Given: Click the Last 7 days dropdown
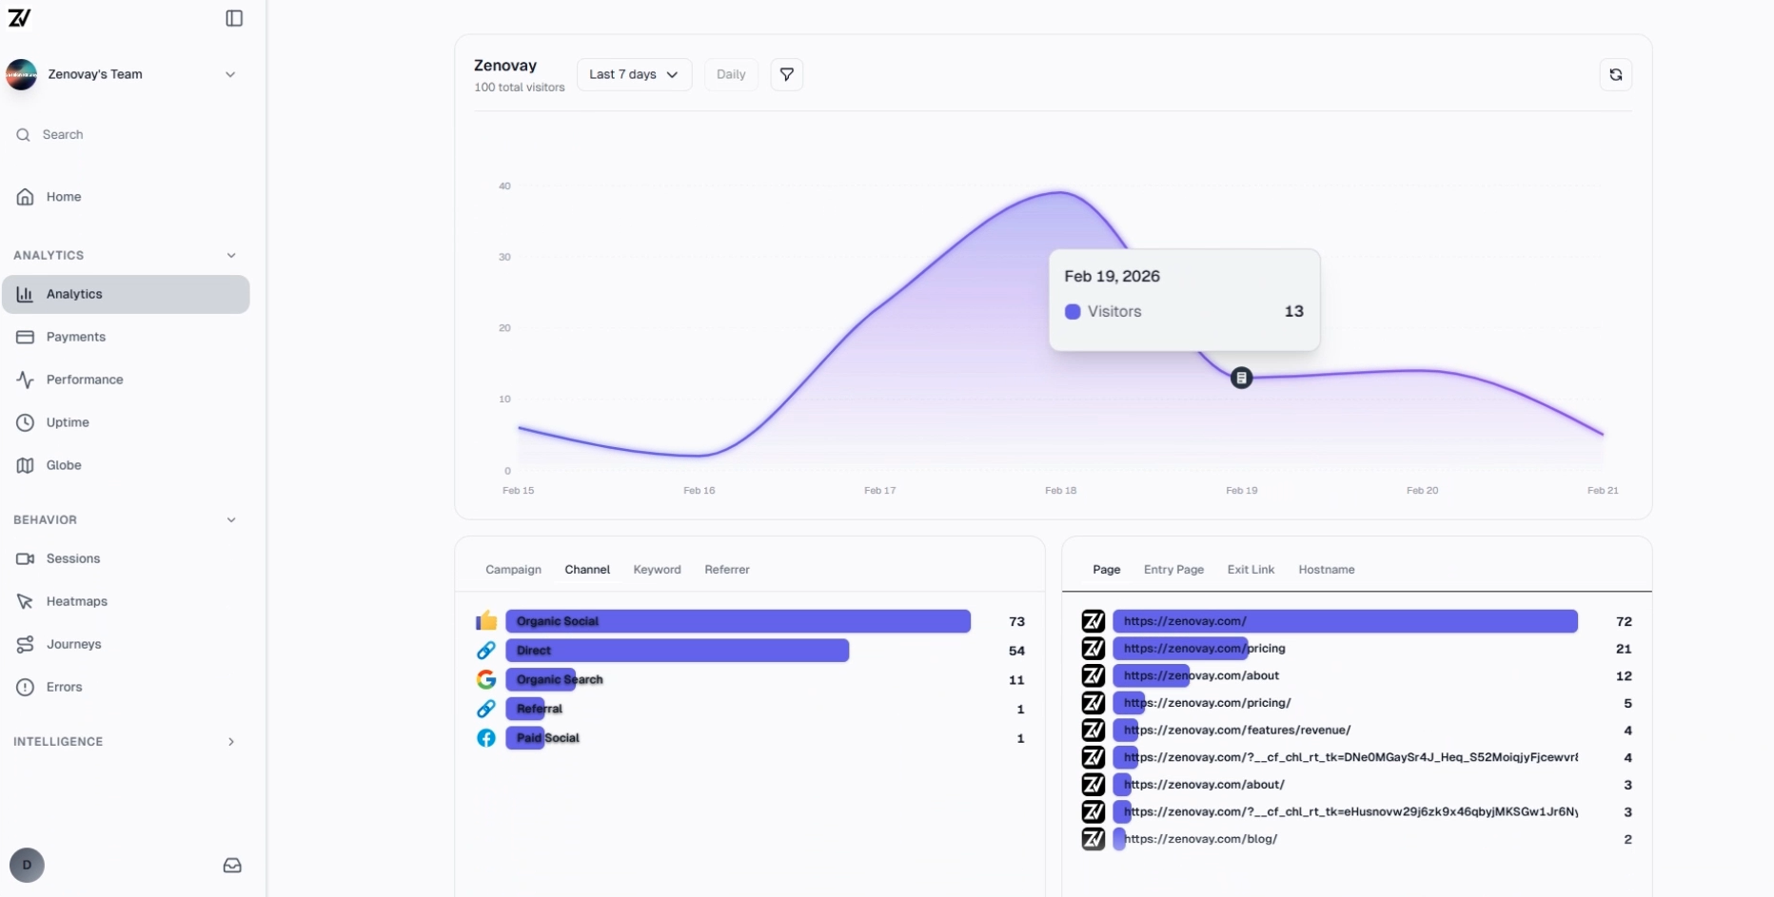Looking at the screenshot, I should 634,74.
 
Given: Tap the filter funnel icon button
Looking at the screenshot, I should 786,74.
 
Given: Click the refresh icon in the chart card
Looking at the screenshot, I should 1615,74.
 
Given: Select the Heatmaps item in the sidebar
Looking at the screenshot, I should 76,601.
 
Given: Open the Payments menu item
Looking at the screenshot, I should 75,337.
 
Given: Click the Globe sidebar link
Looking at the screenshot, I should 64,465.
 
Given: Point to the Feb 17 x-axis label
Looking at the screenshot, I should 879,491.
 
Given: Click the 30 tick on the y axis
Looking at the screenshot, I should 504,257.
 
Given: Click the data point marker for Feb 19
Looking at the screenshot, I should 1241,378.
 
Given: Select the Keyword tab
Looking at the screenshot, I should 657,570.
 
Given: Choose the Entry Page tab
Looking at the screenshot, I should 1173,570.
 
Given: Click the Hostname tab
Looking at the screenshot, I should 1326,570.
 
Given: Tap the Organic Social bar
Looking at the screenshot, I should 738,621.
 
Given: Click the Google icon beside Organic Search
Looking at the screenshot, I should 486,680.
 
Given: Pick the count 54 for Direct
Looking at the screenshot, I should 1016,651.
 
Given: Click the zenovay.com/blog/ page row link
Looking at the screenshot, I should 1200,839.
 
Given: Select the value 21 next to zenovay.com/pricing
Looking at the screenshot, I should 1623,649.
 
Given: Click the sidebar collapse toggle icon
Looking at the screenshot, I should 234,18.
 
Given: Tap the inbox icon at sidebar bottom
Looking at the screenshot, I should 232,866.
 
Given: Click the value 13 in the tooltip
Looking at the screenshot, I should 1293,311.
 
